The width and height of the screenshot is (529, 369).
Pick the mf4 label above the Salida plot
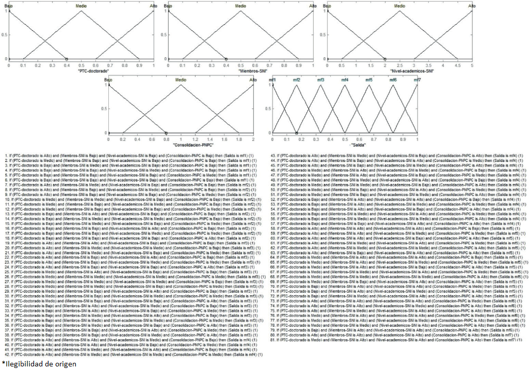[x=344, y=80]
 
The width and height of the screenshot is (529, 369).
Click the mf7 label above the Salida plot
[x=417, y=80]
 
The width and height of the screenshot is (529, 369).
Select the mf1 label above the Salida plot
[x=272, y=80]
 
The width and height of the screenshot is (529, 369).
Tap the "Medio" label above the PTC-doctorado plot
[x=81, y=6]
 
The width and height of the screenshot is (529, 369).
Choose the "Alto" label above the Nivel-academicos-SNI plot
[x=472, y=6]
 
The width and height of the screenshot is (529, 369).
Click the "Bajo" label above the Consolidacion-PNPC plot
[x=108, y=80]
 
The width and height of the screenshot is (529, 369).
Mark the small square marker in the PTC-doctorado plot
[x=66, y=59]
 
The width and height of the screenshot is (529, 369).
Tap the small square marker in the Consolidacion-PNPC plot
[x=166, y=133]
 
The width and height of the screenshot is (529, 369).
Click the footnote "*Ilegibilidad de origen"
[x=39, y=363]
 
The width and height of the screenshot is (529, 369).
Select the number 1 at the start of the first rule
[x=6, y=155]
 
